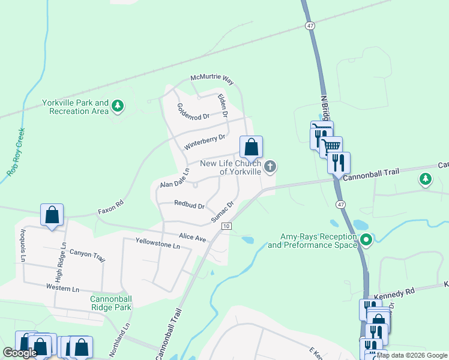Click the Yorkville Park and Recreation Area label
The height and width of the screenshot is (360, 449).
point(75,107)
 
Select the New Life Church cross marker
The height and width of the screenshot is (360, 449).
point(270,167)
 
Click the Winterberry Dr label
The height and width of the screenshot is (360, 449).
point(204,142)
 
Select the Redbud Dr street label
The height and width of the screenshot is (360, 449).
point(190,205)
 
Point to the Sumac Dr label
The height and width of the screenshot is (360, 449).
point(222,212)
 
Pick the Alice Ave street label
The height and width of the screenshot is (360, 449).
point(193,238)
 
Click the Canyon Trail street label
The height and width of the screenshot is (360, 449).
point(87,256)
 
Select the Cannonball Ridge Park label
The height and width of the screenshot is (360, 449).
point(110,303)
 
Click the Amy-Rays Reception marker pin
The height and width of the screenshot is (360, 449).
point(366,241)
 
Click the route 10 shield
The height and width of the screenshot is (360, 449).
point(226,226)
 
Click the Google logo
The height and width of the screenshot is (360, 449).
point(20,353)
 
